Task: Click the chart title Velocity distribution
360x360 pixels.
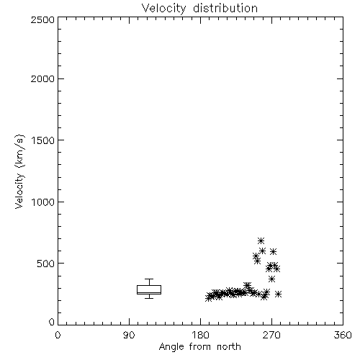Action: click(x=199, y=8)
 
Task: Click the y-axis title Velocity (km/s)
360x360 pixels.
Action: click(x=19, y=172)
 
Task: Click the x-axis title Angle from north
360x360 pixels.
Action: click(x=199, y=347)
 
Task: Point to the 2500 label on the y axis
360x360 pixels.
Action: click(x=42, y=19)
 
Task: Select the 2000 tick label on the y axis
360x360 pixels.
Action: click(x=42, y=78)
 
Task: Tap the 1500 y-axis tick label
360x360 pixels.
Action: click(x=43, y=140)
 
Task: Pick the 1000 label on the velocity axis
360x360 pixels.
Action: click(x=43, y=202)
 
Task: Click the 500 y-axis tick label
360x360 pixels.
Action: click(x=46, y=264)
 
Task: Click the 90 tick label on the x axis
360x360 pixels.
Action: click(x=129, y=335)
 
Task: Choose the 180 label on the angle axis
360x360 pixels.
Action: click(x=200, y=335)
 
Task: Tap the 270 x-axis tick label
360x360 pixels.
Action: click(x=271, y=335)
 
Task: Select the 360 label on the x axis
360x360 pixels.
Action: click(x=343, y=335)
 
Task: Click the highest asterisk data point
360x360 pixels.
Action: click(x=261, y=240)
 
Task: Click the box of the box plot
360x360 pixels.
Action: click(x=149, y=289)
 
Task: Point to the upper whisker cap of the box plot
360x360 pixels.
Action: click(x=149, y=279)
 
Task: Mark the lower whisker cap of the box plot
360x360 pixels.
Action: click(x=149, y=298)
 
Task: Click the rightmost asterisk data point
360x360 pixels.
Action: click(x=278, y=294)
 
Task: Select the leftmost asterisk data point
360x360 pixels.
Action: click(x=209, y=298)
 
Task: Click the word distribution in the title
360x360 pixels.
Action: click(x=225, y=8)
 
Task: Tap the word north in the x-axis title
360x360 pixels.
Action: click(x=229, y=347)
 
